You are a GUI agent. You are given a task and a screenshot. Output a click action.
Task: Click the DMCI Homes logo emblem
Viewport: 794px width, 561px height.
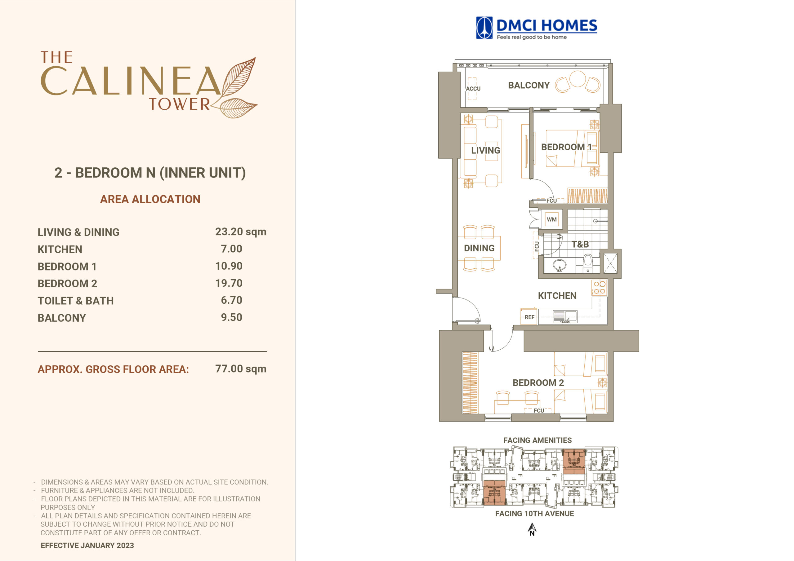click(x=484, y=28)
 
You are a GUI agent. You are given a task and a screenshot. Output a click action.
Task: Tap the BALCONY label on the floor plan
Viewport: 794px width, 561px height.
click(x=529, y=85)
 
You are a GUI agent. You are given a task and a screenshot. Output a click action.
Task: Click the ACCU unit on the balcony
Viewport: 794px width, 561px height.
click(x=473, y=88)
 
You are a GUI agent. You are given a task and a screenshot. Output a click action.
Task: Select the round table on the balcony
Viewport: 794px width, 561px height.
click(x=577, y=79)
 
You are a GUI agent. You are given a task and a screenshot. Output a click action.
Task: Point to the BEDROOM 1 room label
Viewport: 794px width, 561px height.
click(x=566, y=147)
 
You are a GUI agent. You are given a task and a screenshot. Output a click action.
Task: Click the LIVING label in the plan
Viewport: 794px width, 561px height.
click(x=485, y=150)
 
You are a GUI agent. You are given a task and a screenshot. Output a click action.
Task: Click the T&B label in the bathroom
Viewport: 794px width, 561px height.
click(x=580, y=244)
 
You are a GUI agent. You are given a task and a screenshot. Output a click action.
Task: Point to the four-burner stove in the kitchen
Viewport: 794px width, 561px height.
click(x=599, y=288)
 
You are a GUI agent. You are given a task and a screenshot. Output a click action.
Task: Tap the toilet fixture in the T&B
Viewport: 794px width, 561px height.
click(x=587, y=263)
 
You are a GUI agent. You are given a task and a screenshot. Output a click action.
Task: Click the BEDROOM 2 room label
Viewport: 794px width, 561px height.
click(x=538, y=383)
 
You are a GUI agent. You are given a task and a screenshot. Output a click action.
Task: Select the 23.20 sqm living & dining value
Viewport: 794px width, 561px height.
click(x=241, y=232)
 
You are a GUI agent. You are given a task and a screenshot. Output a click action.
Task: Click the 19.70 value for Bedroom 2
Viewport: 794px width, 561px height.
click(x=229, y=283)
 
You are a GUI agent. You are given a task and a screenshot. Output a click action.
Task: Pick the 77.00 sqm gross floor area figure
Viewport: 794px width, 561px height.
click(x=241, y=369)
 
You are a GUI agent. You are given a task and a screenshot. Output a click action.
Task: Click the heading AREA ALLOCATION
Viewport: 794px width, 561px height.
click(x=150, y=199)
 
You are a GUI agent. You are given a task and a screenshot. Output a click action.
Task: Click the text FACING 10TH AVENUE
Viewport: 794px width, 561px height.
click(x=534, y=514)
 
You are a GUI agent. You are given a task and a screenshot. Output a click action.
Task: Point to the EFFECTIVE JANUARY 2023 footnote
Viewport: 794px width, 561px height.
click(x=87, y=546)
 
